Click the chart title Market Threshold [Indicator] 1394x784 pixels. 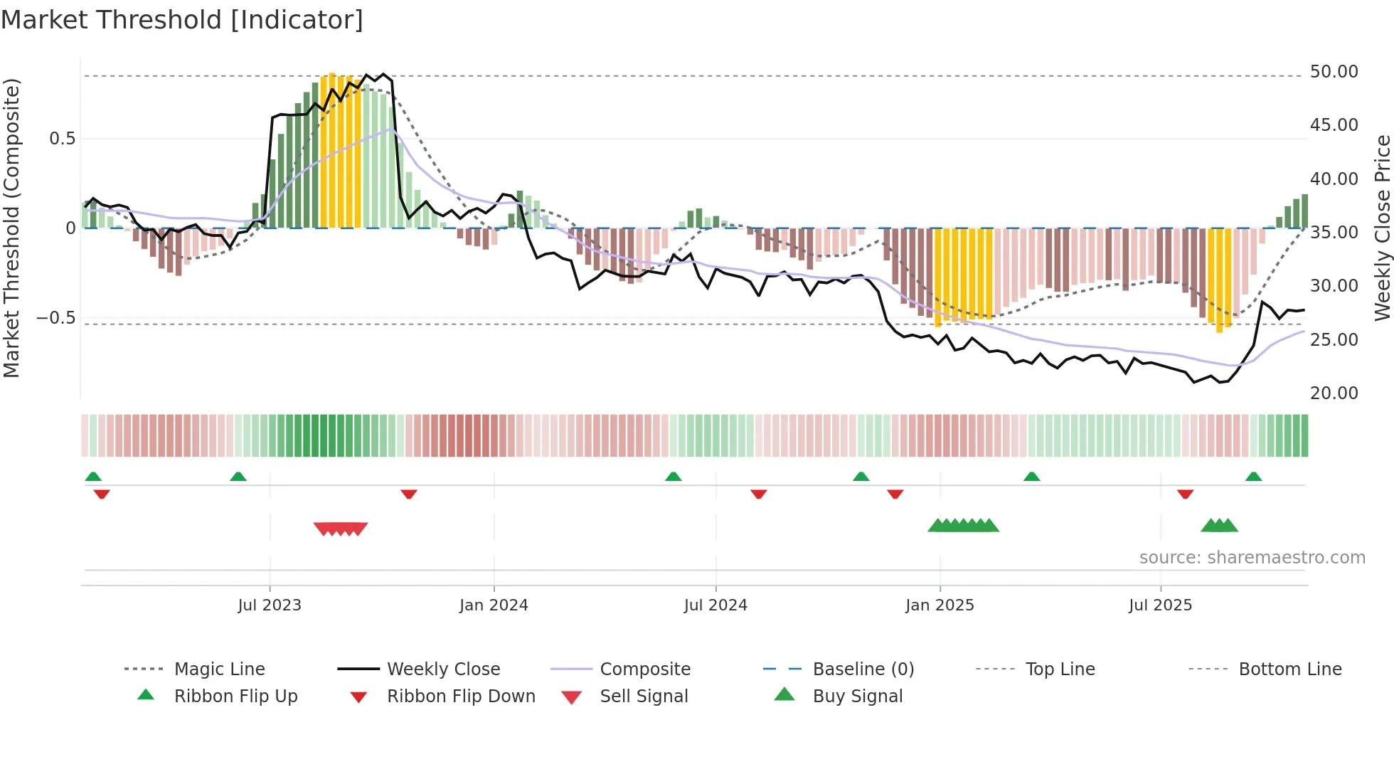(182, 20)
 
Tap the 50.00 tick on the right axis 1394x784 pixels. (1334, 72)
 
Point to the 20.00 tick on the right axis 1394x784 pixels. (1334, 393)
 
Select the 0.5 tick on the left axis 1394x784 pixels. (62, 139)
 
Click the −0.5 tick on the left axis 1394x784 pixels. (56, 318)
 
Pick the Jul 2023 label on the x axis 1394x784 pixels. (270, 605)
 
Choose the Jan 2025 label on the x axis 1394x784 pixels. (940, 605)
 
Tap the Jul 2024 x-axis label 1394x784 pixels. (715, 605)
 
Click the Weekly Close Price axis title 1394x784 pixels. (1382, 228)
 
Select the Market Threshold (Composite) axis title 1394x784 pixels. (11, 228)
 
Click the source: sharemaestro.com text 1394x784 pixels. (1252, 558)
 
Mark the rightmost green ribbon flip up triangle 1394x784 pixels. (1253, 477)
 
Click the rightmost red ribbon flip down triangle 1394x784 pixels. (1185, 494)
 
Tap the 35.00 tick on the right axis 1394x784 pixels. (1334, 233)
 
